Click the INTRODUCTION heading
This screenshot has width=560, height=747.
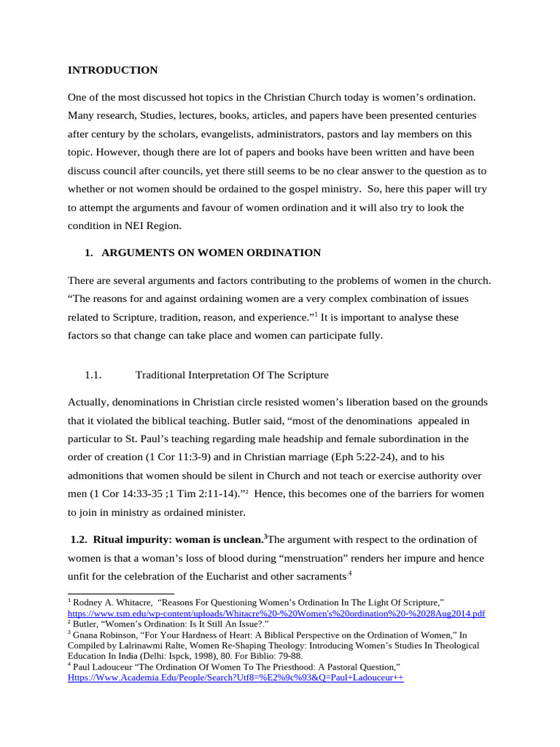point(112,71)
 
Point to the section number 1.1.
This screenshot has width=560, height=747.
point(92,375)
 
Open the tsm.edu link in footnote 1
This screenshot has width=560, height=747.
point(276,614)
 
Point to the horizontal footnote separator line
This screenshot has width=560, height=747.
point(120,593)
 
